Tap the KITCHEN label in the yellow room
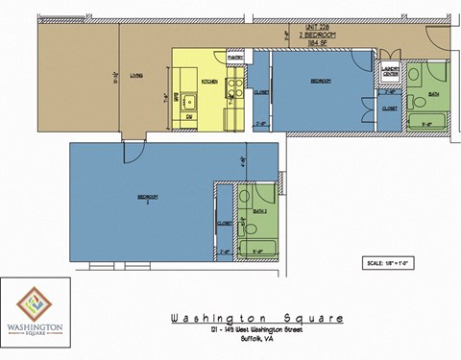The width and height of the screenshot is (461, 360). click(210, 83)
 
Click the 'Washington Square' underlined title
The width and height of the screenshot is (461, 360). click(255, 318)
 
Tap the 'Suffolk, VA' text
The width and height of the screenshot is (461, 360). click(255, 339)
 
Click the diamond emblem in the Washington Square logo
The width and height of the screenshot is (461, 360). click(35, 301)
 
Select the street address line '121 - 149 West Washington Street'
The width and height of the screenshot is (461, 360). click(255, 330)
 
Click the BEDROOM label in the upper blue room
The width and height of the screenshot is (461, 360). click(320, 82)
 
